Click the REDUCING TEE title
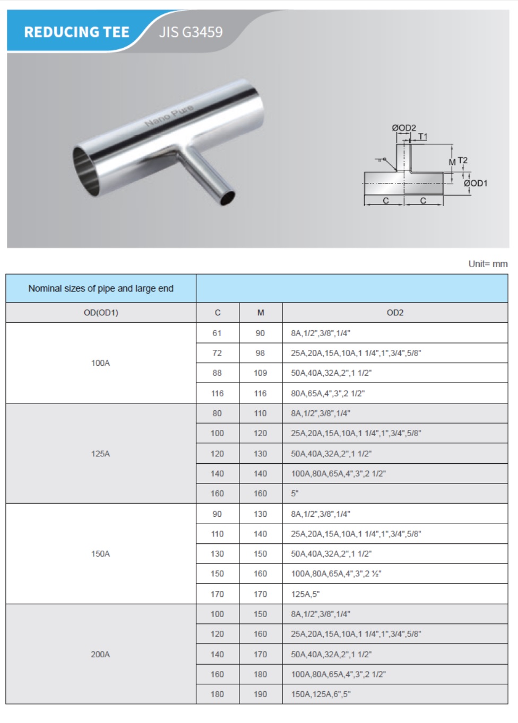(76, 32)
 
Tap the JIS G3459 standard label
(191, 32)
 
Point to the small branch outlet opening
(228, 197)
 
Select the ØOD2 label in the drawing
(404, 128)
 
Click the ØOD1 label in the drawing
(475, 183)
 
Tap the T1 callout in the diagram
(422, 137)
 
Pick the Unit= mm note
(488, 264)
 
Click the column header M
(261, 313)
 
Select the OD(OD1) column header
(101, 313)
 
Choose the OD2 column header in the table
(395, 313)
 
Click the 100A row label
(100, 363)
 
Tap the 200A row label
(100, 655)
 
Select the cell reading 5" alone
(295, 493)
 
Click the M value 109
(260, 373)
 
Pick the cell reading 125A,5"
(305, 594)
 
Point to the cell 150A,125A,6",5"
(321, 694)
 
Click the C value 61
(217, 333)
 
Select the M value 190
(260, 694)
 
